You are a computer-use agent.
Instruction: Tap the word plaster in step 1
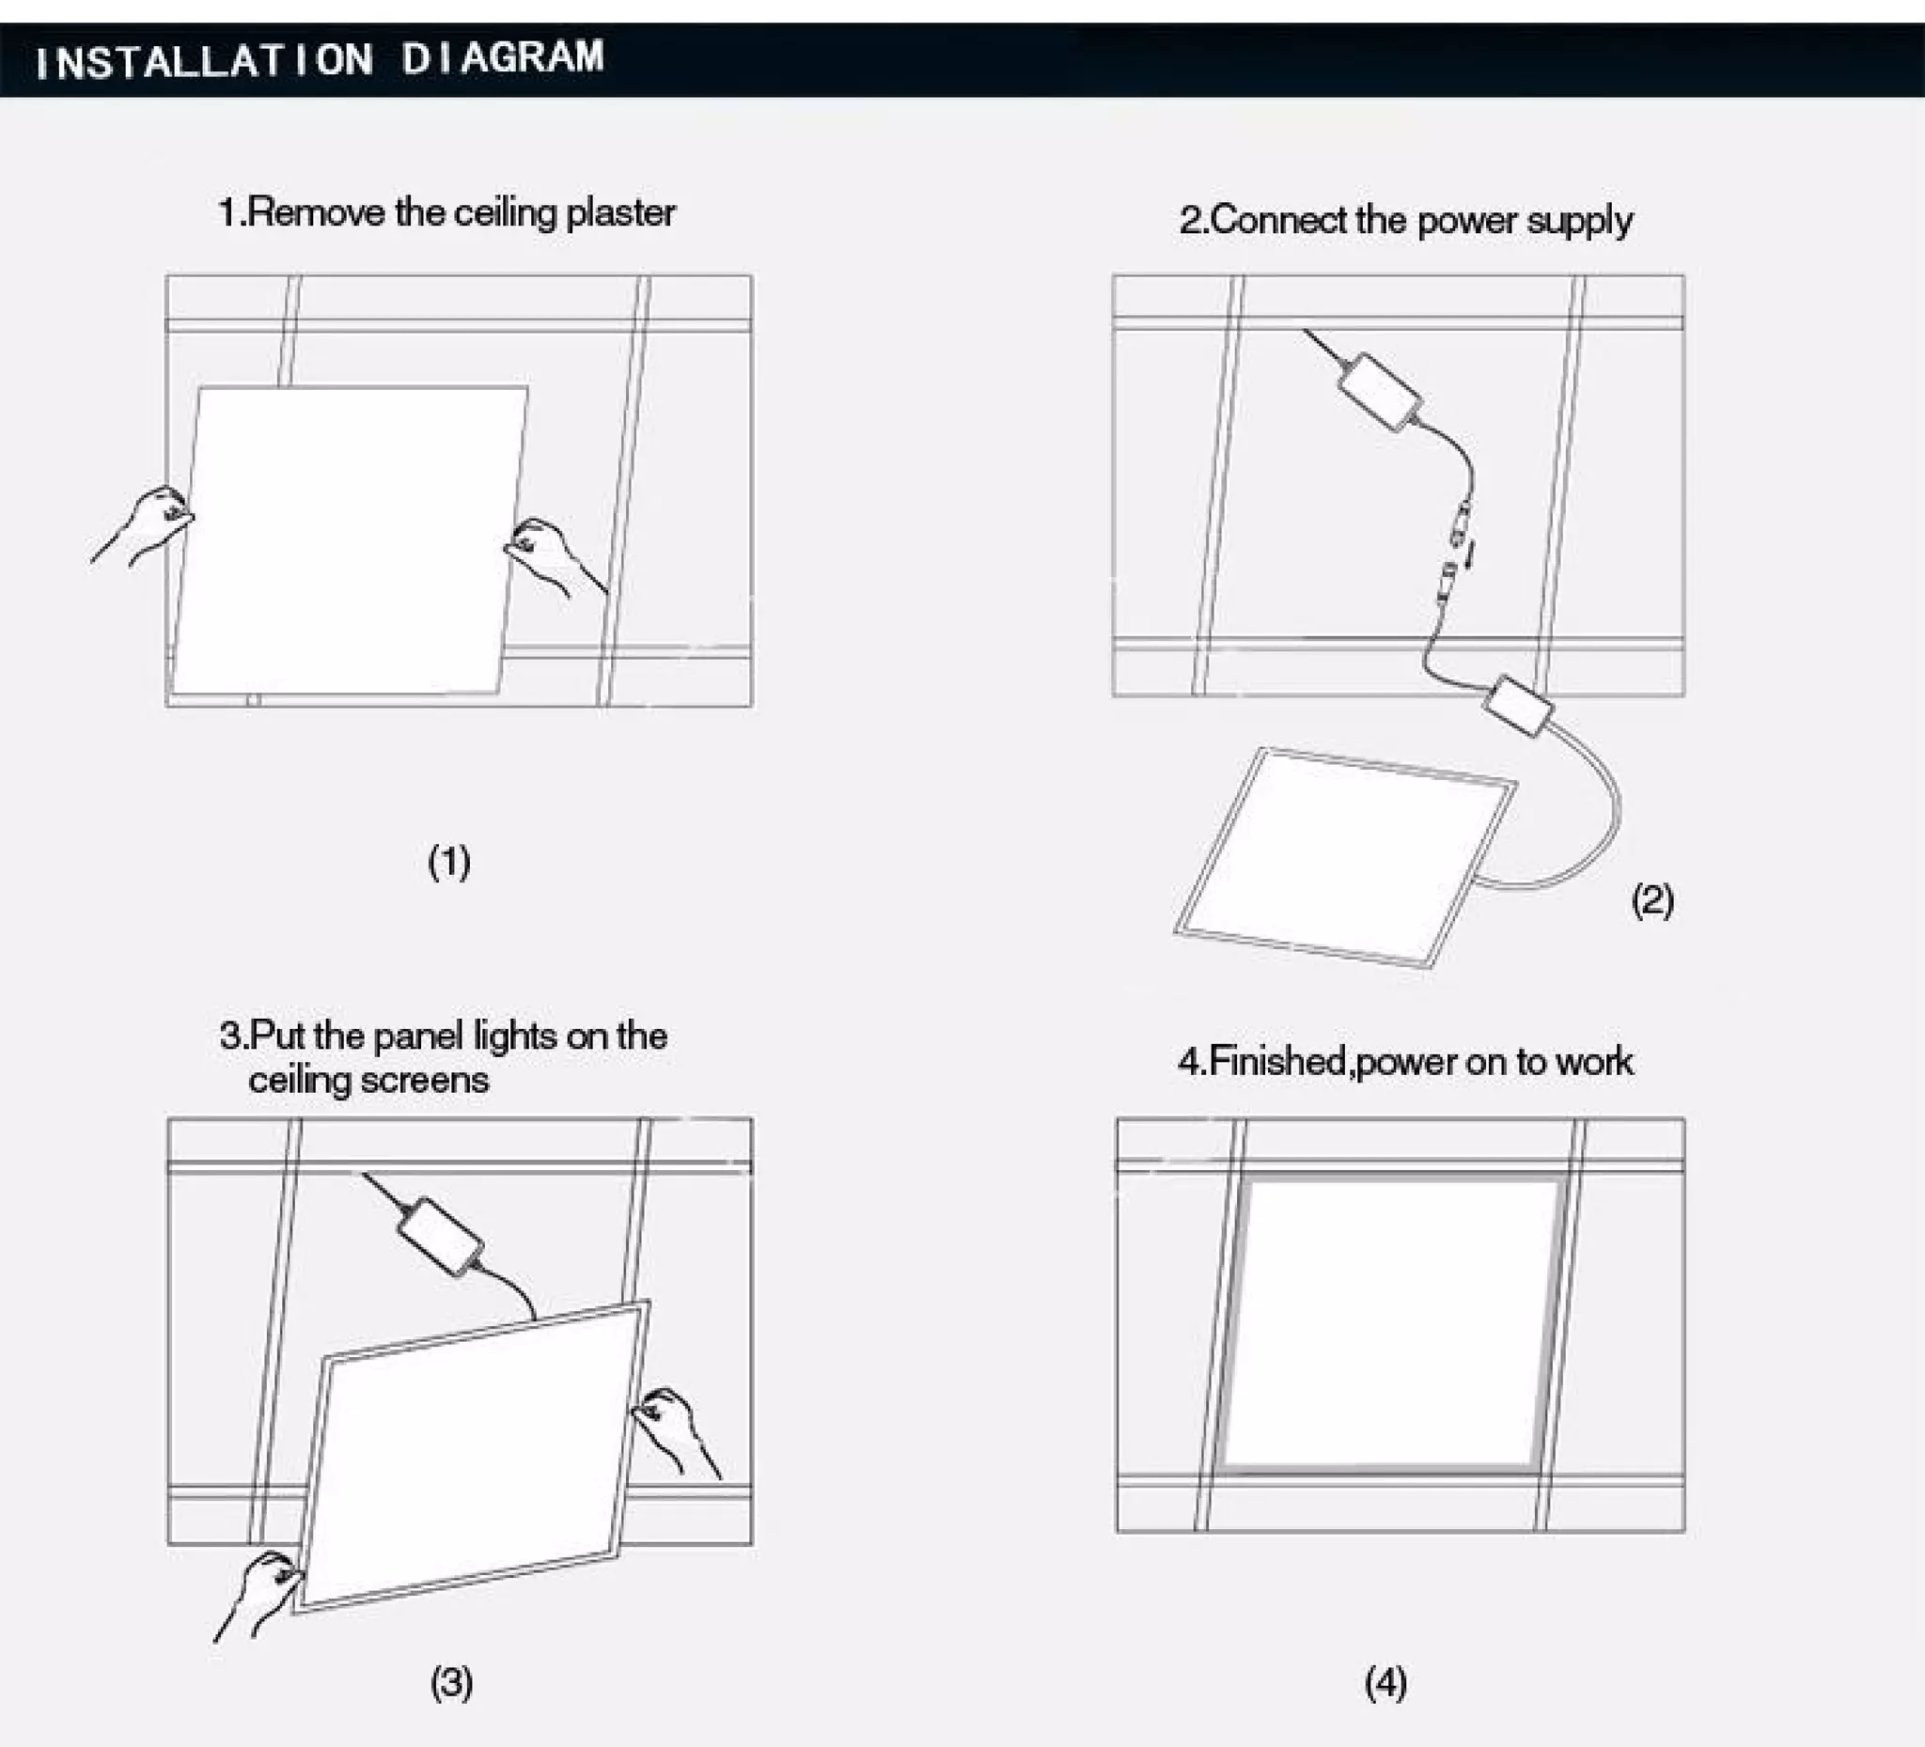619,213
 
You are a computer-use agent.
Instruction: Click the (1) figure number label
448,862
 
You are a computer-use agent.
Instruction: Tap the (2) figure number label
1651,900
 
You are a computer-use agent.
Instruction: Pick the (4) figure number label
1385,1683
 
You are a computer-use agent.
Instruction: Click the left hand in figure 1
148,525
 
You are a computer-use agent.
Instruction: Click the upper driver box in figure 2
1379,391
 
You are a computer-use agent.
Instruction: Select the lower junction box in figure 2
1518,707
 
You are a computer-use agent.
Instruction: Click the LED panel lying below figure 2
1344,856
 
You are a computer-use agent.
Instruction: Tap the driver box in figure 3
440,1237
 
